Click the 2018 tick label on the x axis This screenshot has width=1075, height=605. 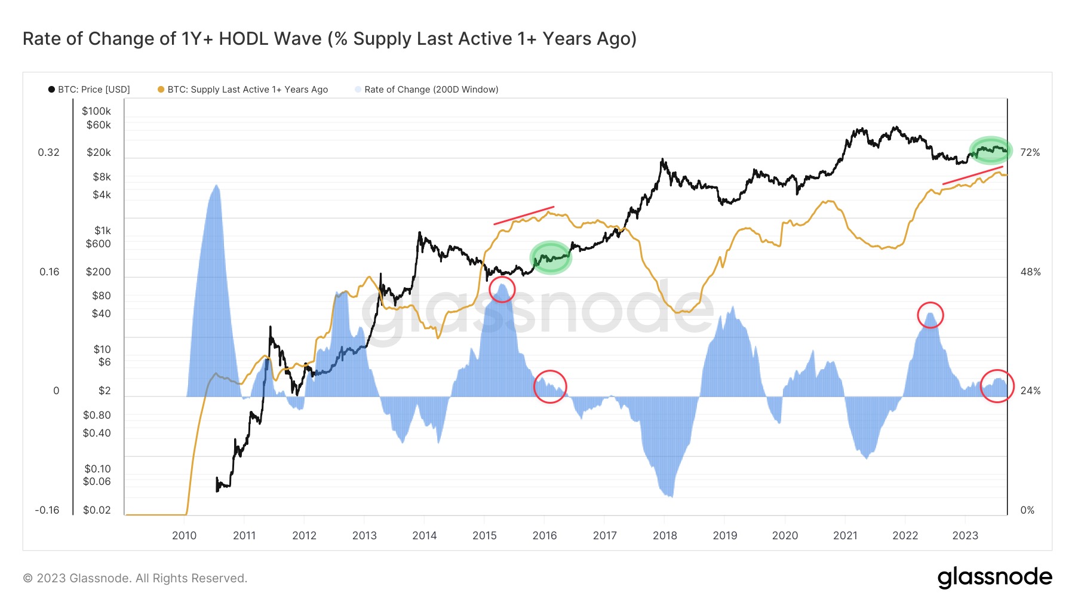(x=665, y=536)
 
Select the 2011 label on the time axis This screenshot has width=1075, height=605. (x=244, y=536)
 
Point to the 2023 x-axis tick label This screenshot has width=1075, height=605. (x=965, y=536)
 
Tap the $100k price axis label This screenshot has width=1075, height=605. (x=96, y=111)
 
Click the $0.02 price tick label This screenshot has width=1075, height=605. (x=97, y=510)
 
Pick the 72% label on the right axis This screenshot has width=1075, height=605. (x=1030, y=153)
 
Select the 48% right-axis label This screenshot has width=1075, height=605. (x=1030, y=272)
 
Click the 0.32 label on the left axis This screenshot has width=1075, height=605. (x=48, y=153)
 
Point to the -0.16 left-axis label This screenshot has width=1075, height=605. (x=47, y=510)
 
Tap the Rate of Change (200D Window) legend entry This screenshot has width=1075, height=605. (x=431, y=90)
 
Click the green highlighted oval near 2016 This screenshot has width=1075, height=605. (x=551, y=257)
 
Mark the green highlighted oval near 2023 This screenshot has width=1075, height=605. (x=991, y=150)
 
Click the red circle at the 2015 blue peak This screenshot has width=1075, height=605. (x=502, y=289)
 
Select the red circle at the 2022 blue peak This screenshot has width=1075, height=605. (x=930, y=315)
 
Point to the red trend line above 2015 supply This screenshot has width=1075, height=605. (x=524, y=216)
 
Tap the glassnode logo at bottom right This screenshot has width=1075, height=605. (x=994, y=578)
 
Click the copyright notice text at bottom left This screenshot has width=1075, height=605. (x=135, y=578)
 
